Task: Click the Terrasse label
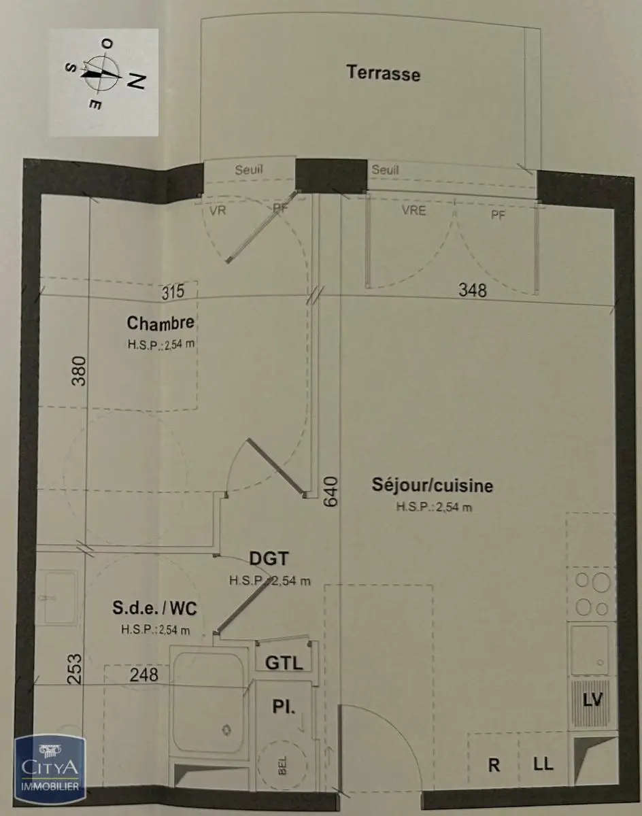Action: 383,72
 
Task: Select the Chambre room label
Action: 160,322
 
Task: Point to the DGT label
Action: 269,560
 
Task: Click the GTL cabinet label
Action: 284,662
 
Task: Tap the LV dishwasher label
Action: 592,700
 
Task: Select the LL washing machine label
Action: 543,764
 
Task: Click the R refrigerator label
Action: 494,764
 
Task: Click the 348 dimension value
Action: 473,290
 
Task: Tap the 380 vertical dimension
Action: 80,371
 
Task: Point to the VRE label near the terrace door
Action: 413,211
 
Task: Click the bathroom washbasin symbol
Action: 56,598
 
